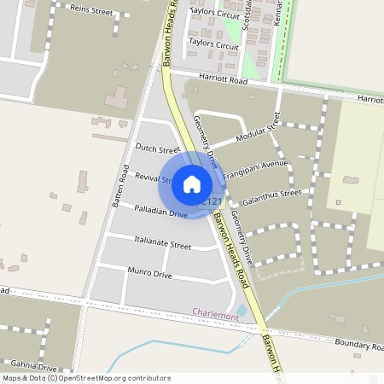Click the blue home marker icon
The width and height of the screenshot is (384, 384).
click(x=192, y=183)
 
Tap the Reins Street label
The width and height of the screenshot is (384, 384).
click(x=91, y=9)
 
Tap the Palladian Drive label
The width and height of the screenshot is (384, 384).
click(x=160, y=210)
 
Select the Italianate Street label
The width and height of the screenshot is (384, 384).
click(x=163, y=244)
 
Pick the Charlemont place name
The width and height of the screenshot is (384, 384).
click(x=215, y=315)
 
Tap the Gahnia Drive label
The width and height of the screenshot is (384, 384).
click(x=28, y=367)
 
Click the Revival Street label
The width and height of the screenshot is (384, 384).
click(x=154, y=177)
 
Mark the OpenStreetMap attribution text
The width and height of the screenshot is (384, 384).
click(x=85, y=378)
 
